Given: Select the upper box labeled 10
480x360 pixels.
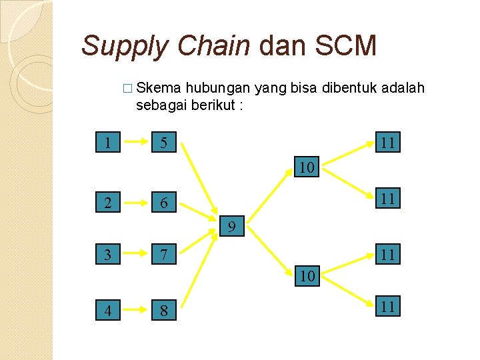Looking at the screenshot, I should click(307, 167).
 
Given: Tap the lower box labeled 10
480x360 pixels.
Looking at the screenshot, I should click(307, 275).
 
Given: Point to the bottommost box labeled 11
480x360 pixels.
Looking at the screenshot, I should click(388, 307).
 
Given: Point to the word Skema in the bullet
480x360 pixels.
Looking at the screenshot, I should click(159, 89).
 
